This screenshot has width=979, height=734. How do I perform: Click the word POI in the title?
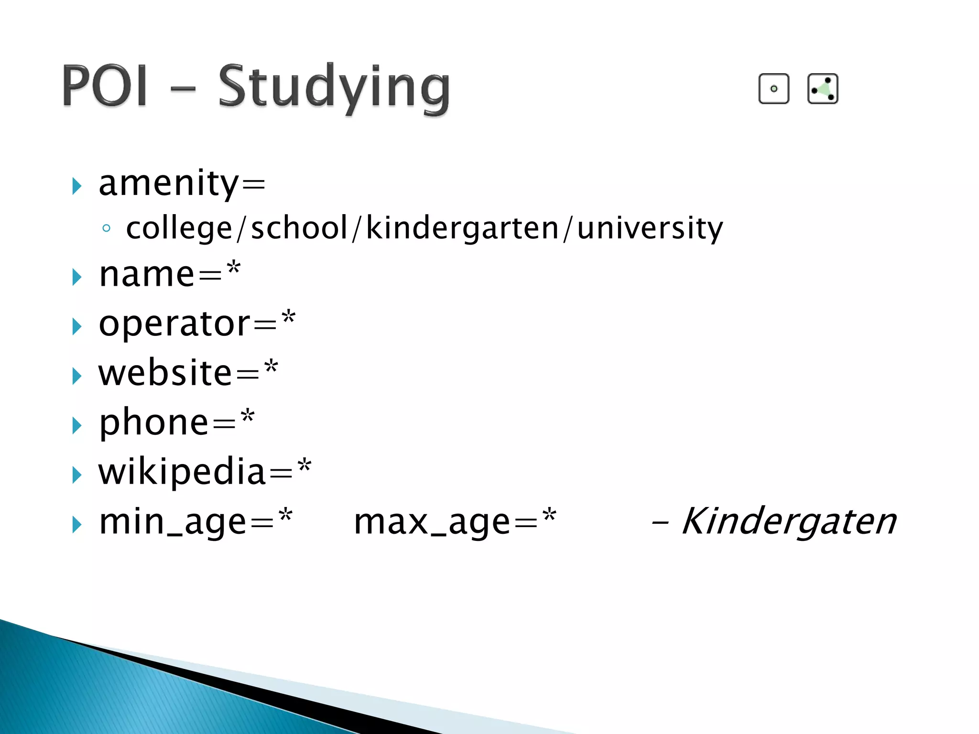[x=104, y=86]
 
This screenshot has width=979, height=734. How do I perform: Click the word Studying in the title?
[x=334, y=88]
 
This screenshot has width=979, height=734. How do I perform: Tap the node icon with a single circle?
[x=773, y=89]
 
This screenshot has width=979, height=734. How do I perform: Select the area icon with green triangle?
[x=822, y=89]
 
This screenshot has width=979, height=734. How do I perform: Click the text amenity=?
[x=182, y=183]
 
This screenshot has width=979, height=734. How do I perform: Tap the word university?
[x=650, y=228]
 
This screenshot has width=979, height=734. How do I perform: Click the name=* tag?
[x=170, y=274]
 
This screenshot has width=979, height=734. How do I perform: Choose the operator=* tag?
[x=197, y=324]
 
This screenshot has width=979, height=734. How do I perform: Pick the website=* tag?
[x=188, y=373]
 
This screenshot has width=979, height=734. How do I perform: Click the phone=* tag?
[x=176, y=422]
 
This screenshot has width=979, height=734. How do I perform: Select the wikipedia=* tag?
[x=205, y=472]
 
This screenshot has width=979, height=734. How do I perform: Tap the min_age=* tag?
[x=196, y=522]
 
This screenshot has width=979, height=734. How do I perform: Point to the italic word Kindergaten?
[x=789, y=521]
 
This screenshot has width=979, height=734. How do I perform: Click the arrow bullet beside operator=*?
[x=76, y=327]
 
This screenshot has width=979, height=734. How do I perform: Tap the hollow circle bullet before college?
[x=106, y=228]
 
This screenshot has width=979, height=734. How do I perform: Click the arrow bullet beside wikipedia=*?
[x=76, y=475]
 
